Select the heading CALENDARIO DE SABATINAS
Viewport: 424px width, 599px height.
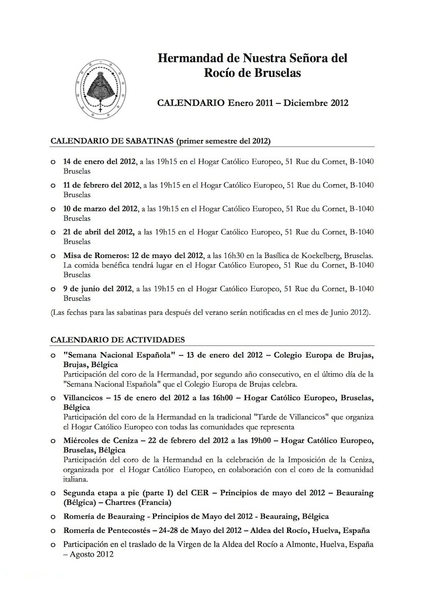click(112, 141)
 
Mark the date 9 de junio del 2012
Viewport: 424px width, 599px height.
click(97, 289)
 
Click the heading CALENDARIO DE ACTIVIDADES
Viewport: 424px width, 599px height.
click(117, 338)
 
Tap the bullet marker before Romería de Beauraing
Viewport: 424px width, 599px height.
click(52, 516)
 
